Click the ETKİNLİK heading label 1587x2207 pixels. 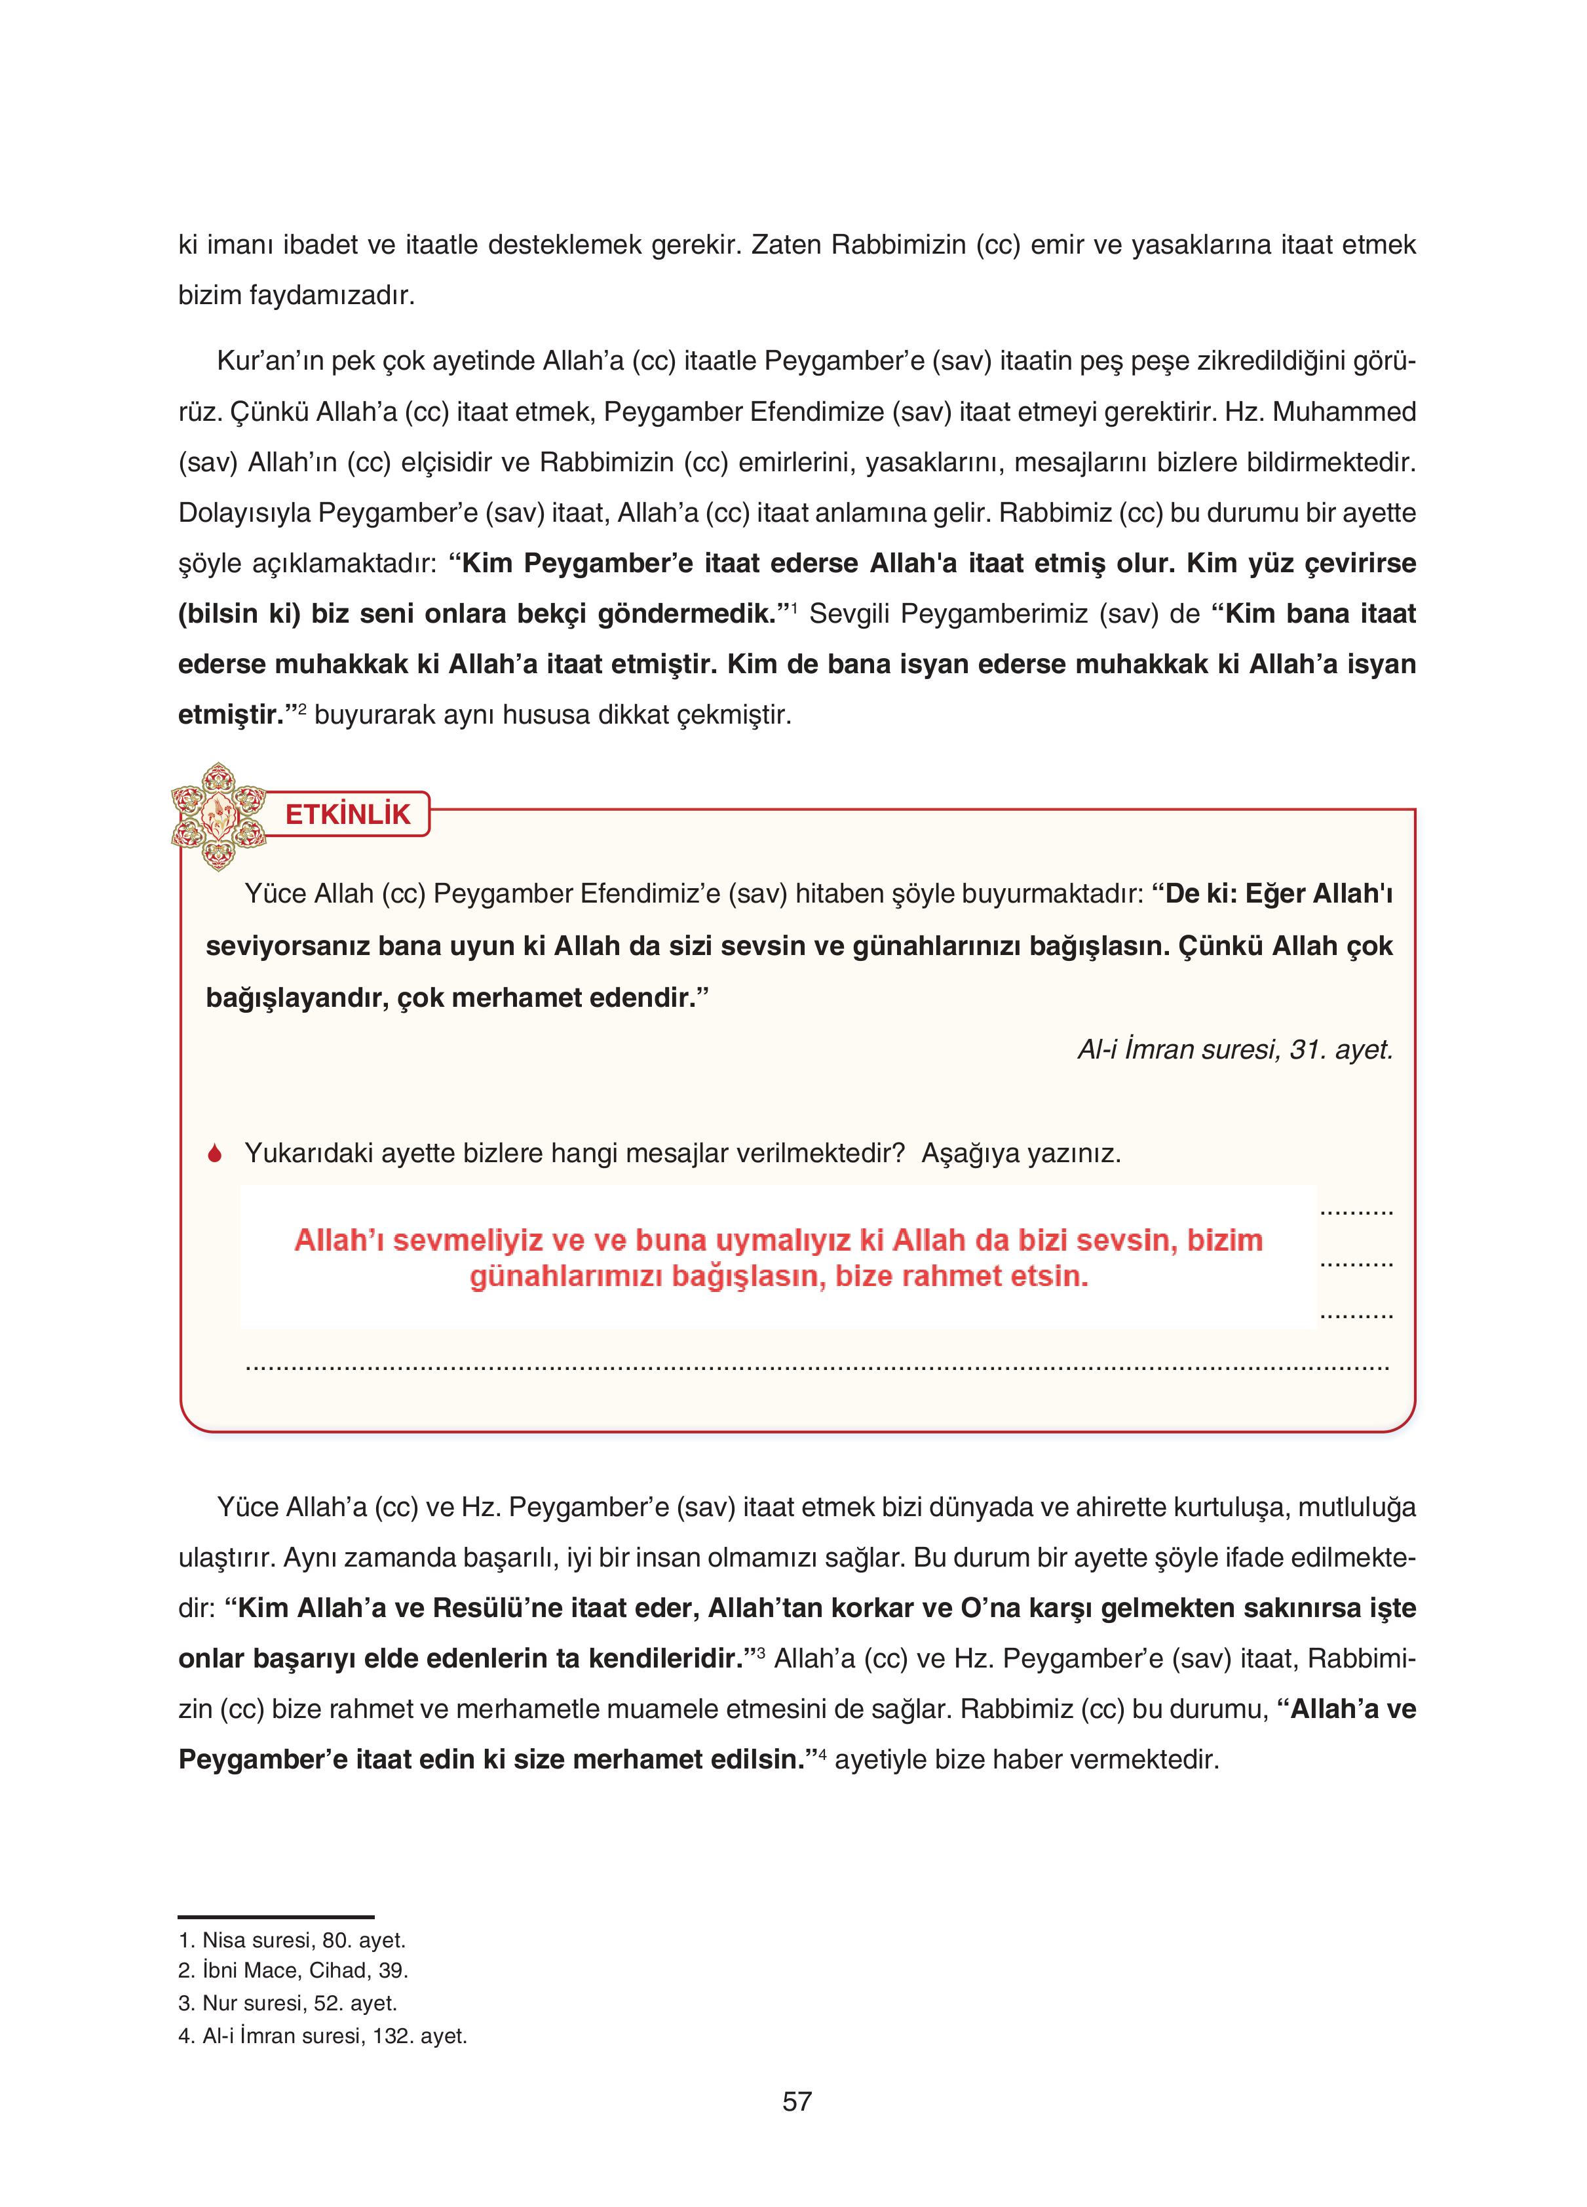(x=347, y=815)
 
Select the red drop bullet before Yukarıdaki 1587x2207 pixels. (x=215, y=1154)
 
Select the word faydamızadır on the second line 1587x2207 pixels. (x=331, y=295)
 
